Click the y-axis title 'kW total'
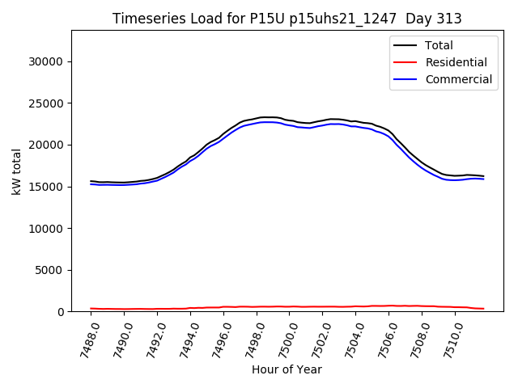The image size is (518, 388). coord(16,171)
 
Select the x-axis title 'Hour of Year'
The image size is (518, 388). coord(287,369)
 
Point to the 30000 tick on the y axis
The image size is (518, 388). coord(46,61)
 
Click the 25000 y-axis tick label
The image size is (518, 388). coord(46,103)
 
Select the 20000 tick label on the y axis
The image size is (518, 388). coord(46,145)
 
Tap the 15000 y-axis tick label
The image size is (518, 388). coord(46,187)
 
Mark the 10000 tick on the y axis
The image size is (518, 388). coord(46,229)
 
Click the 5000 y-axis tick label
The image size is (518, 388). coord(49,270)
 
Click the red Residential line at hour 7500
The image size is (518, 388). coord(291,306)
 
